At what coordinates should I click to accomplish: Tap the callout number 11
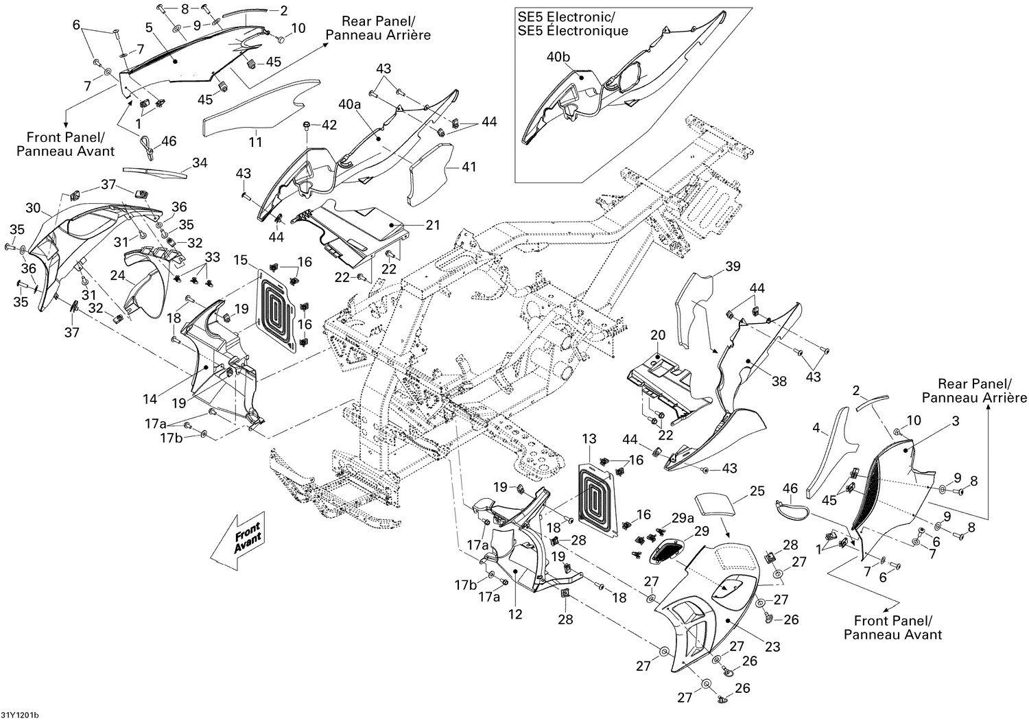point(255,143)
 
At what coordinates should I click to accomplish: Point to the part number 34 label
point(200,163)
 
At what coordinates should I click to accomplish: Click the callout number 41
point(469,167)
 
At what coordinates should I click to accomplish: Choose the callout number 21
point(433,225)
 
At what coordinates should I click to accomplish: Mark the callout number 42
point(330,125)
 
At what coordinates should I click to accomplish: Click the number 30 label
point(33,208)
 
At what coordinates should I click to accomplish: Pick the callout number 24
point(118,275)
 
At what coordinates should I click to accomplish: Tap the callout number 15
point(240,260)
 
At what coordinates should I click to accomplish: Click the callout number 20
point(658,335)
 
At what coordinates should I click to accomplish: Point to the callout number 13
point(589,438)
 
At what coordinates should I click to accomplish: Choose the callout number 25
point(757,491)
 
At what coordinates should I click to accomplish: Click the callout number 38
point(779,381)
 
